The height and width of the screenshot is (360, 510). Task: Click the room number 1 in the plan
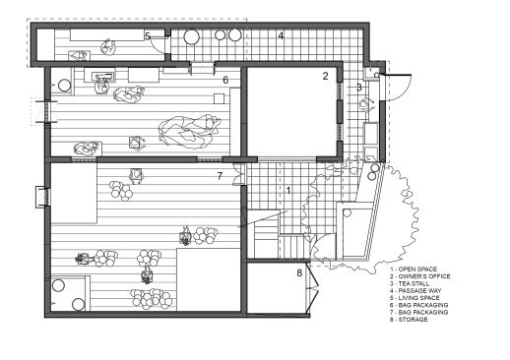pyautogui.click(x=288, y=189)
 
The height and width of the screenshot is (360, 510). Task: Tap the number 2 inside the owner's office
pyautogui.click(x=325, y=76)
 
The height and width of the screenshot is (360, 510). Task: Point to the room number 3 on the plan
pyautogui.click(x=359, y=88)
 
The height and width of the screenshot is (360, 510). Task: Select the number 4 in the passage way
pyautogui.click(x=281, y=36)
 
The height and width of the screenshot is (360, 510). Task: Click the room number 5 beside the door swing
pyautogui.click(x=147, y=36)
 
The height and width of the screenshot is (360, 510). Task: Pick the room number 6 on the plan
pyautogui.click(x=225, y=80)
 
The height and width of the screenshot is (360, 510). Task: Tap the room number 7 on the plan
pyautogui.click(x=220, y=177)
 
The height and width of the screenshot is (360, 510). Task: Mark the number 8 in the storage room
pyautogui.click(x=299, y=272)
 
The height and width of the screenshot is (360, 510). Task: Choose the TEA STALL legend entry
pyautogui.click(x=414, y=283)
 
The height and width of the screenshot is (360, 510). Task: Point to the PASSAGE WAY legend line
pyautogui.click(x=418, y=291)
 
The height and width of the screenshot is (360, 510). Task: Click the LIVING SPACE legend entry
pyautogui.click(x=417, y=299)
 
